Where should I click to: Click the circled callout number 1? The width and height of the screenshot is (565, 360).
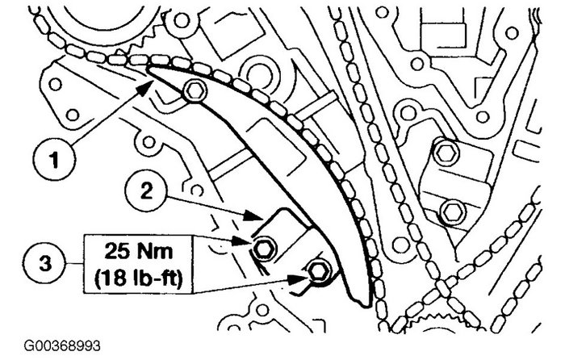point(54,159)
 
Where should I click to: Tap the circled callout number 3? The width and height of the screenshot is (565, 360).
point(45,263)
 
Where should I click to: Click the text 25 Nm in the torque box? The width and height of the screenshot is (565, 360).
point(138,252)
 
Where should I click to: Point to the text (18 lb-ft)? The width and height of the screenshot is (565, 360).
point(139,277)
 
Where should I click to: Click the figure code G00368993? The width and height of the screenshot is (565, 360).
point(62,346)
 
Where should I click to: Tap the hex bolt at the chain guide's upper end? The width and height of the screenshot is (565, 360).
point(195,91)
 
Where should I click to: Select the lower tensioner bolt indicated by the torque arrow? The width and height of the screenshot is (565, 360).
point(320,271)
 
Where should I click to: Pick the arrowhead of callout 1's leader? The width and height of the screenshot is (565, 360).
point(146,87)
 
